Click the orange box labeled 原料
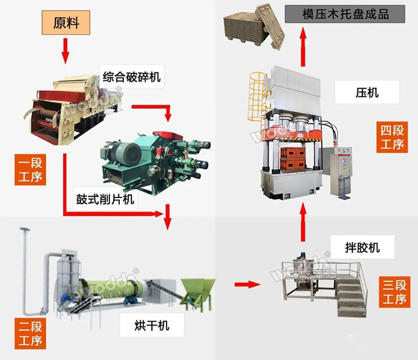tap(66, 23)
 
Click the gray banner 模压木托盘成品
tap(345, 13)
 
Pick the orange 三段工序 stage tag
tap(393, 293)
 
